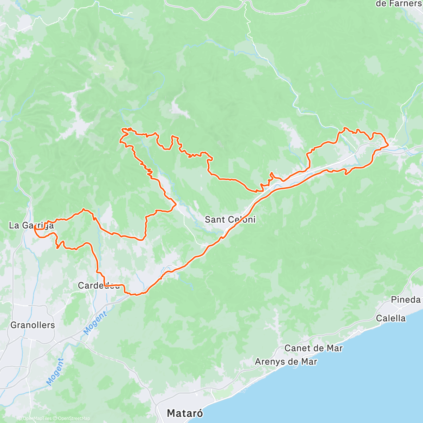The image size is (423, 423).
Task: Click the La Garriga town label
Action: tap(31, 225)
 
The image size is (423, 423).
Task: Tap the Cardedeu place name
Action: tap(99, 286)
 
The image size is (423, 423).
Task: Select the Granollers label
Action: tap(33, 325)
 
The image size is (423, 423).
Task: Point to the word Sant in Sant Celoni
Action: tap(215, 219)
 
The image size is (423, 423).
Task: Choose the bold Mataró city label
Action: tap(185, 413)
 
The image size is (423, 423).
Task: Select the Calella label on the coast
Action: tap(391, 318)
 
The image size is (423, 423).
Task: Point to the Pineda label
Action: tap(406, 300)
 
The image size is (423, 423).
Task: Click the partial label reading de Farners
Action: tap(398, 4)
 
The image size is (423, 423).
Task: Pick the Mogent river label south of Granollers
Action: tap(55, 372)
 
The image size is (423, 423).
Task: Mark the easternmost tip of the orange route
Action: tap(388, 145)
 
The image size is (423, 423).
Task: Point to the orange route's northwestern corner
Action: tap(122, 130)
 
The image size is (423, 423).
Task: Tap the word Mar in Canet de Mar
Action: tap(334, 348)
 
